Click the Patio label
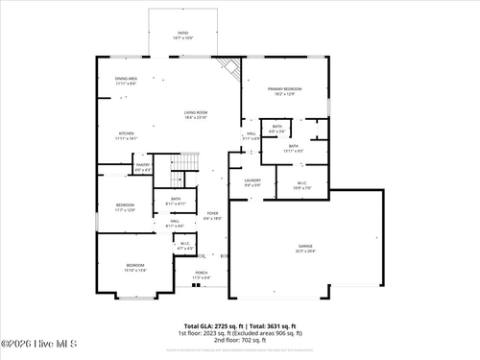[x=181, y=34]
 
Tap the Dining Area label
[x=126, y=79]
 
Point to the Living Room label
[x=196, y=112]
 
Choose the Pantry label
[x=142, y=165]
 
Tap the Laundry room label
[x=252, y=180]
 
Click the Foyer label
[x=212, y=214]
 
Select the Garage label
[x=305, y=247]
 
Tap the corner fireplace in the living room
[x=228, y=68]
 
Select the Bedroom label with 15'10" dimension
[x=135, y=265]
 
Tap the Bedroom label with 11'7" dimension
[x=126, y=205]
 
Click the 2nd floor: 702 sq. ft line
[x=240, y=341]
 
